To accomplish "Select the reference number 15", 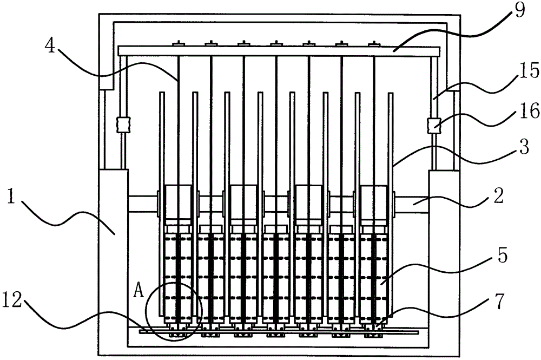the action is coord(527,71).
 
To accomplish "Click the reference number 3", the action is coord(523,147).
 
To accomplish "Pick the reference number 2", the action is coord(499,195).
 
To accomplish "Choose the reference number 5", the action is coord(502,256).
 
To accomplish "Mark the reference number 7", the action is coord(500,300).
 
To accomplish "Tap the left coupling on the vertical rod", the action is coord(123,125).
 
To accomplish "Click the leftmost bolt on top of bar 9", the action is coord(179,43).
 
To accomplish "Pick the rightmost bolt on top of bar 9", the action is coord(374,43).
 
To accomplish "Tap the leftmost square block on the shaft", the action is coord(179,205).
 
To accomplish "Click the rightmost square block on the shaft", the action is coord(373,205).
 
